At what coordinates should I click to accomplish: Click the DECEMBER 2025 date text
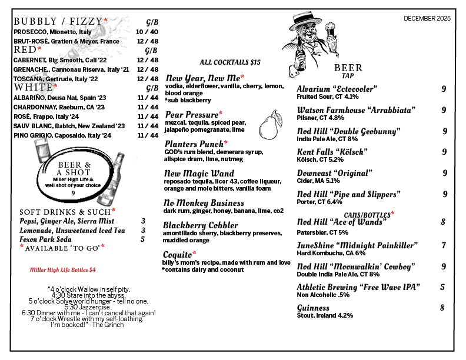pyautogui.click(x=427, y=18)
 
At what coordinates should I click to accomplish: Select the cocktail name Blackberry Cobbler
pyautogui.click(x=201, y=225)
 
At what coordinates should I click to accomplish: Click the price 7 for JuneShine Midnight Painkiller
pyautogui.click(x=443, y=245)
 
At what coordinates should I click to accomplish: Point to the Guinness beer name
pyautogui.click(x=313, y=308)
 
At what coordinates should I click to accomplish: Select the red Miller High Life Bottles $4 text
pyautogui.click(x=62, y=270)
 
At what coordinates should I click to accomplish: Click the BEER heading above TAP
pyautogui.click(x=348, y=68)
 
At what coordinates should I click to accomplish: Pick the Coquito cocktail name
pyautogui.click(x=179, y=254)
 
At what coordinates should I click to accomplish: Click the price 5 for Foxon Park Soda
pyautogui.click(x=142, y=239)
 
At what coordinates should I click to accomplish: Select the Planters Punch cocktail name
pyautogui.click(x=194, y=144)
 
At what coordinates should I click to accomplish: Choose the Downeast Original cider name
pyautogui.click(x=334, y=173)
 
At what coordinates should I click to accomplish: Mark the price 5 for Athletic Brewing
pyautogui.click(x=442, y=287)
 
